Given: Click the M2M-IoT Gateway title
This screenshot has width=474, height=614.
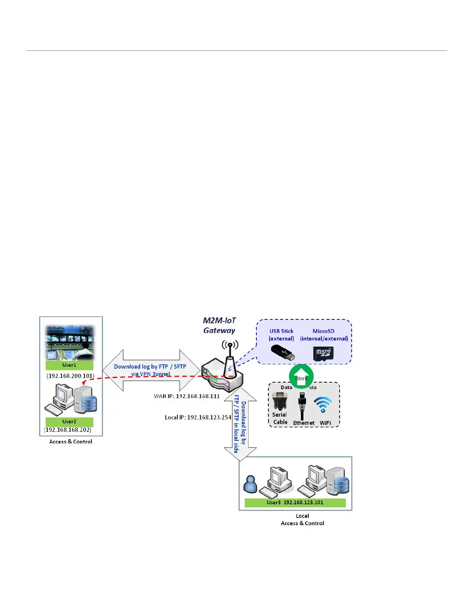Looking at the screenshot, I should click(219, 326).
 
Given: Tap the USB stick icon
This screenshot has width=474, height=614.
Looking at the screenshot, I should click(282, 353).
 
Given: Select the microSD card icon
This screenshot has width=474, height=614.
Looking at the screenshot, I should click(323, 353).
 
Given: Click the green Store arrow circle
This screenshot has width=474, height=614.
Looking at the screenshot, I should click(301, 376).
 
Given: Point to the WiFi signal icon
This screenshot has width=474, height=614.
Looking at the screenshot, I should click(323, 405).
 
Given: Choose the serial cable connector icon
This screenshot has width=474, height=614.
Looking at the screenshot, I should click(279, 401).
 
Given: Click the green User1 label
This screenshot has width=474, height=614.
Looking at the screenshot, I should click(69, 365).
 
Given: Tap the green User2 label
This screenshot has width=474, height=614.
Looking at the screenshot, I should click(69, 422).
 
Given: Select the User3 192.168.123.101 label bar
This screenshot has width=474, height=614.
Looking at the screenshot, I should click(295, 503).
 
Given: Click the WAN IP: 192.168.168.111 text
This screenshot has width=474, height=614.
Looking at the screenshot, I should click(187, 397).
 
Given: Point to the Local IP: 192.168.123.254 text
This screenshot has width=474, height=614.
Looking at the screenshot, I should click(198, 417).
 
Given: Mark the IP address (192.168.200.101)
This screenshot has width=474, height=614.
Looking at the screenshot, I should click(70, 376).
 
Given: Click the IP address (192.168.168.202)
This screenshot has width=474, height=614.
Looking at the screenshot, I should click(68, 430).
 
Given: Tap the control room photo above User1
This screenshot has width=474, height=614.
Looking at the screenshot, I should click(70, 343).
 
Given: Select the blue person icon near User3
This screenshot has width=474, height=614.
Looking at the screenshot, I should click(250, 484).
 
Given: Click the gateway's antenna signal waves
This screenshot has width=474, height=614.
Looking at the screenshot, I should click(230, 345).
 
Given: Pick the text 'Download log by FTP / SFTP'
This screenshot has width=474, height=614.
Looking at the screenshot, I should click(150, 367).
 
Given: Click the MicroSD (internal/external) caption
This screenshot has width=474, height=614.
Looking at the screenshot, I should click(324, 335).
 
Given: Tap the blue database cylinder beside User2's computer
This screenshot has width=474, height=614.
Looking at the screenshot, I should click(89, 403).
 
